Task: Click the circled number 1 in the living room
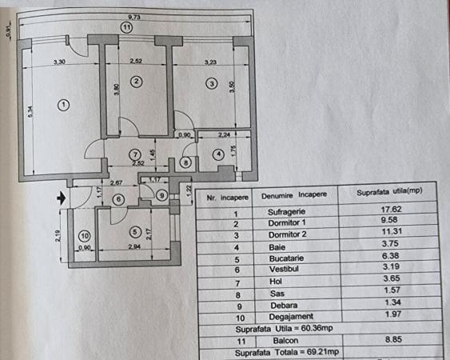coord(63,105)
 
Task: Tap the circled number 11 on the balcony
coord(126,28)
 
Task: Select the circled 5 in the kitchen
coord(135,231)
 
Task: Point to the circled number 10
coord(85,236)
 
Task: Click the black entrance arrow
coord(62,198)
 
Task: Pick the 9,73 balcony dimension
coord(134,17)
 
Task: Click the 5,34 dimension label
coord(30,111)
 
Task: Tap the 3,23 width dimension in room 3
coord(210,62)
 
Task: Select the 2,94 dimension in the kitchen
coord(134,246)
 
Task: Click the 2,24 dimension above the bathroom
coord(224,134)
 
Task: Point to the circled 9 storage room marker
coord(162,196)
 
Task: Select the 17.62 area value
coord(391,209)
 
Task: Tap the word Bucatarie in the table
coord(286,258)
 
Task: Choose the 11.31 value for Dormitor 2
coord(392,231)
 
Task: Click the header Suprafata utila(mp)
coord(389,192)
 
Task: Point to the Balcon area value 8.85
coord(393,339)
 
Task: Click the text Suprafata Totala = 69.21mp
coord(287,352)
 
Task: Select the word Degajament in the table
coord(291,317)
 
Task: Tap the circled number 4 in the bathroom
coord(218,154)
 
